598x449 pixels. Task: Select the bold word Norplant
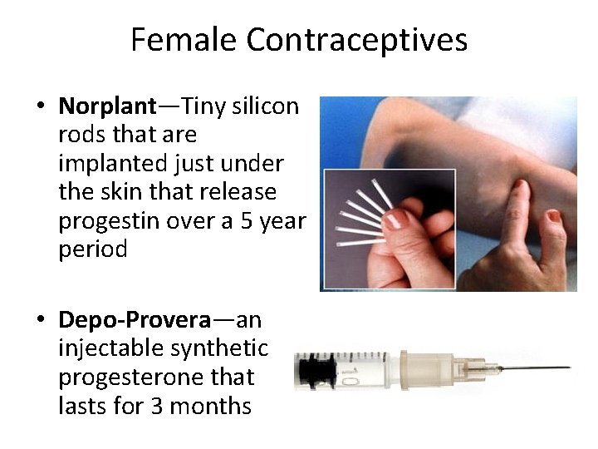107,106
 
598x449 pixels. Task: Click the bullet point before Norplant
40,107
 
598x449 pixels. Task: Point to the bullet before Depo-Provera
40,321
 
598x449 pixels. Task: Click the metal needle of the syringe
532,368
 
